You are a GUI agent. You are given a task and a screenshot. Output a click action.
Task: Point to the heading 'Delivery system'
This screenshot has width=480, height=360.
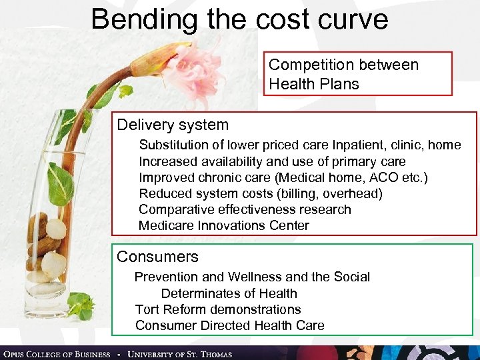[x=173, y=125]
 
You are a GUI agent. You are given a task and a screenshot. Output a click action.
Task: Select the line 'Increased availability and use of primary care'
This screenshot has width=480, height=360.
[x=272, y=161]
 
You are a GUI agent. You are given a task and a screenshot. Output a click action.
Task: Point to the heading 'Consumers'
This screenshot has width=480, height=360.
[x=157, y=257]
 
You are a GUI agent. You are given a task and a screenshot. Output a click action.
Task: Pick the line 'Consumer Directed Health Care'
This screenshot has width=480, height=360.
[x=230, y=325]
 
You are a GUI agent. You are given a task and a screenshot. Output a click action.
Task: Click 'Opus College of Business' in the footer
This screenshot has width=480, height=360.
[x=57, y=353]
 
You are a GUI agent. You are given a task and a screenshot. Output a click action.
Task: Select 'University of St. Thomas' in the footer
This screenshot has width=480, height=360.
[x=180, y=353]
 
